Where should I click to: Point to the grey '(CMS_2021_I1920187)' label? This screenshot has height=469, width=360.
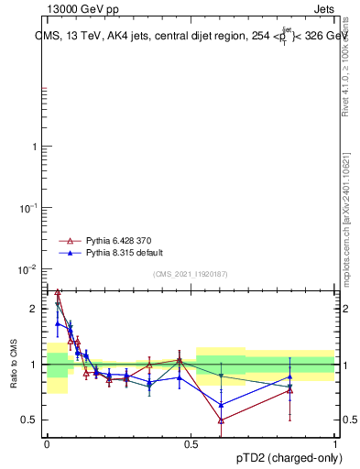pos(191,274)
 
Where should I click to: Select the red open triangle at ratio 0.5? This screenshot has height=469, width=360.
pos(222,420)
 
